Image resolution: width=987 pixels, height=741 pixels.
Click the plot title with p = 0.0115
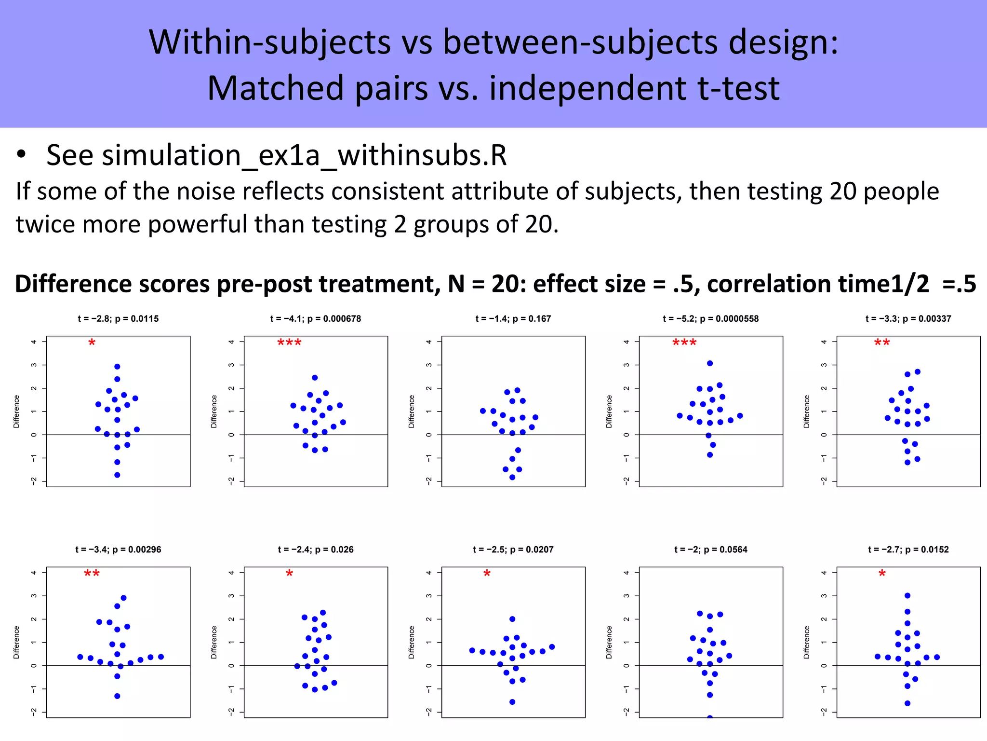pos(118,318)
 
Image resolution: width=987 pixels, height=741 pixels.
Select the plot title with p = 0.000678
pos(315,318)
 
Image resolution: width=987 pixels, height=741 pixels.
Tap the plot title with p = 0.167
pos(513,318)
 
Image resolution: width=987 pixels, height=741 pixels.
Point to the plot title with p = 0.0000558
pos(710,318)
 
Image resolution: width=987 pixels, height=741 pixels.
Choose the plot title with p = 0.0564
pos(710,549)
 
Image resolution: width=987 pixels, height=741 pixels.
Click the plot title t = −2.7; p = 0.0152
pos(908,549)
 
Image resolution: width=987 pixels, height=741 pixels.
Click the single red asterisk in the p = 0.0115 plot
pos(92,343)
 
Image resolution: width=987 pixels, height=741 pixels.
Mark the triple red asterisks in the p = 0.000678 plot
pos(289,343)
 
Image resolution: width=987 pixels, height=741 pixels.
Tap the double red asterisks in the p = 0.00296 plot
pos(92,574)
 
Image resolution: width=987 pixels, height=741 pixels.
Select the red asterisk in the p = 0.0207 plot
pos(487,574)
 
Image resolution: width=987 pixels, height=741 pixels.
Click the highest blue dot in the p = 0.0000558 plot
pos(710,363)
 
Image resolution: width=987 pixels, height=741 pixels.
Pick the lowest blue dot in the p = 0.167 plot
pos(512,477)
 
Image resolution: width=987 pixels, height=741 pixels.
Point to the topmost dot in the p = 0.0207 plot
pos(512,619)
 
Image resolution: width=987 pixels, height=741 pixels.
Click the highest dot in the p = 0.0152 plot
pos(907,596)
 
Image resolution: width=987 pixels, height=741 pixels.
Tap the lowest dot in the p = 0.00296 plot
pos(117,696)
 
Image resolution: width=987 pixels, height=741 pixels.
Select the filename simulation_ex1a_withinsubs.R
pos(276,155)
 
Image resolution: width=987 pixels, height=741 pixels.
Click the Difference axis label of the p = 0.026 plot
pos(214,643)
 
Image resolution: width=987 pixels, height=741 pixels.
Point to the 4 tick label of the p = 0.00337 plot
pos(824,342)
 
